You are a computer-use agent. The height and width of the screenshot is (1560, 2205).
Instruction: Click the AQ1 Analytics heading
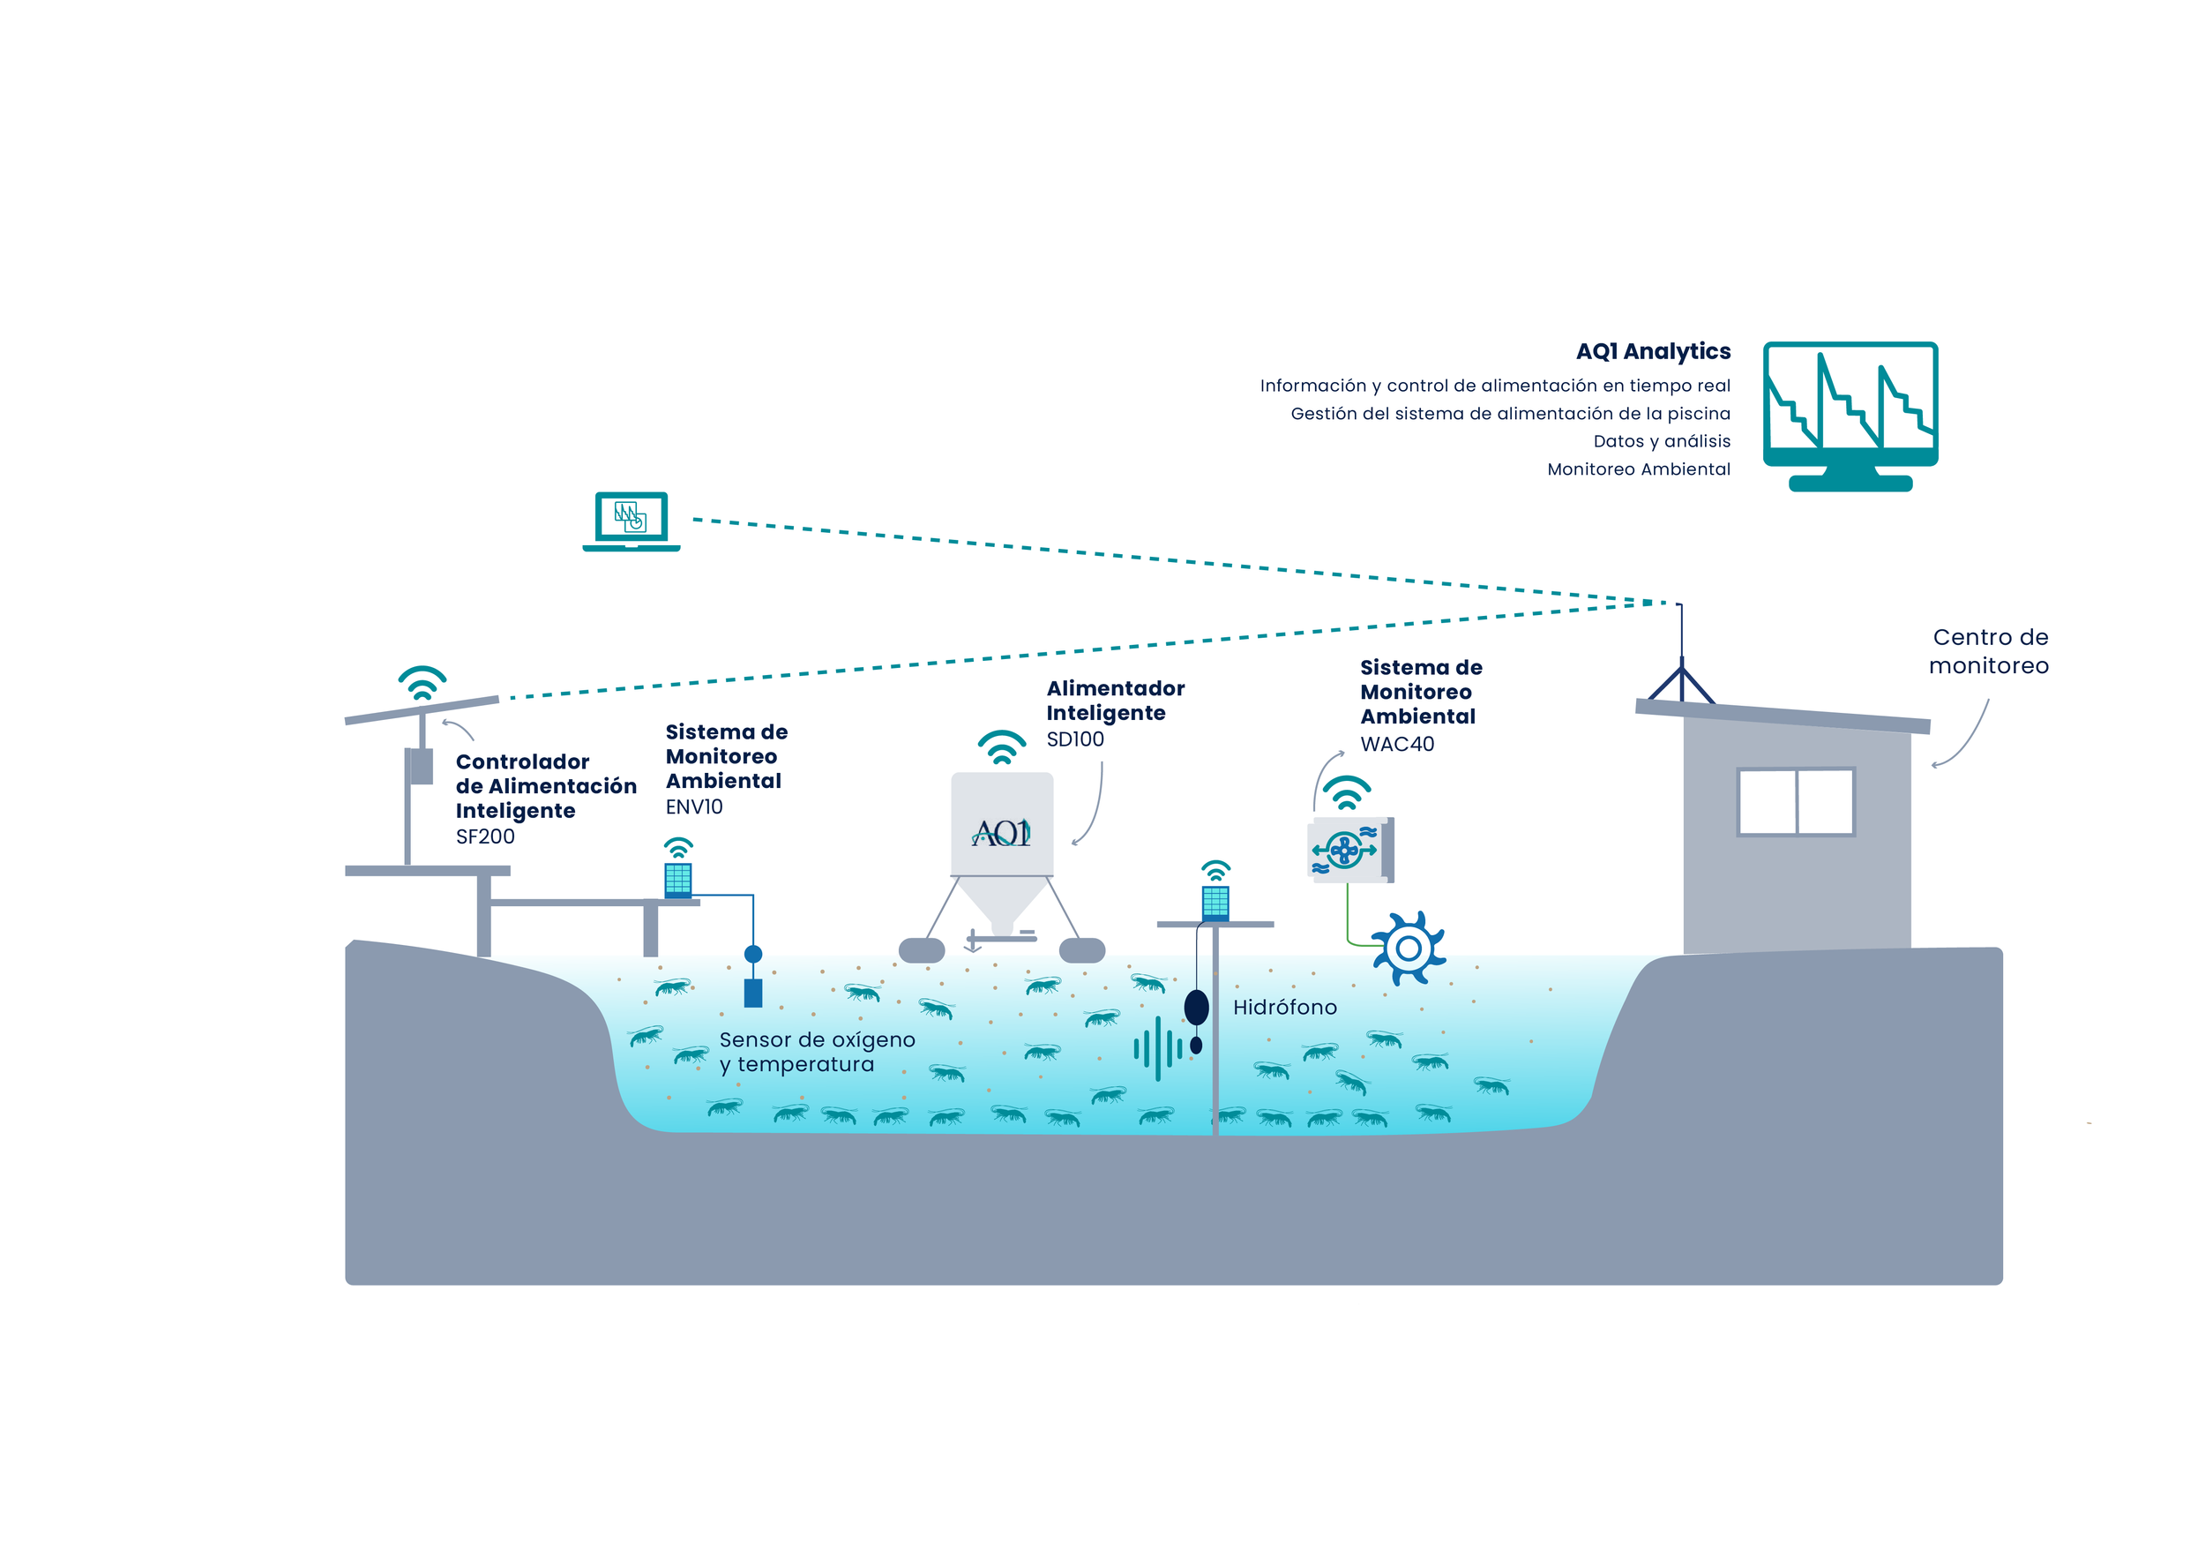(1653, 351)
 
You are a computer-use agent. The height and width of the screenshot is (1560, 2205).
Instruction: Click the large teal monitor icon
(1850, 416)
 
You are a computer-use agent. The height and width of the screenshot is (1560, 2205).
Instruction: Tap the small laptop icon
(631, 521)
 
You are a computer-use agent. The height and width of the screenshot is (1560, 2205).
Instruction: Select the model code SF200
(485, 836)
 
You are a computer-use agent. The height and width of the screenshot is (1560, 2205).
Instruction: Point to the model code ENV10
(694, 806)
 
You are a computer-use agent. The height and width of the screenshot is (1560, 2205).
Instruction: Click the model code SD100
(1074, 739)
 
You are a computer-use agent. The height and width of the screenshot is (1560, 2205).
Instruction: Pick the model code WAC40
(1396, 744)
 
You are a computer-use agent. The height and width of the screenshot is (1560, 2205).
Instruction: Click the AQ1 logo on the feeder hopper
(1001, 832)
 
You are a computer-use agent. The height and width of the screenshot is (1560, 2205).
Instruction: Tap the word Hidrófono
(1285, 1007)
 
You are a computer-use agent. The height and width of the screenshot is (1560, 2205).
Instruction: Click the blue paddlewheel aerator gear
(1409, 949)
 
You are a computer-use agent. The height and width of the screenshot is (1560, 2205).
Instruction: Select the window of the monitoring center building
(1796, 801)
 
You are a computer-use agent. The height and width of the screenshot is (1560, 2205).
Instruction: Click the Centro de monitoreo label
(1989, 651)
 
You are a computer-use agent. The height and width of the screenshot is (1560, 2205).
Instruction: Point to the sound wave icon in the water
(1157, 1049)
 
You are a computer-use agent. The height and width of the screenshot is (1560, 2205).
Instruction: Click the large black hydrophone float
(1197, 1008)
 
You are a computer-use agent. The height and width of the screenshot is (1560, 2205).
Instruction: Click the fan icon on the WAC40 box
(1344, 849)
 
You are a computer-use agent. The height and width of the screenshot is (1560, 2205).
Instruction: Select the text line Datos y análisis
(1662, 442)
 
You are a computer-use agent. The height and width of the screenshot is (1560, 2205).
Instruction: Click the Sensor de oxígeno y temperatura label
(818, 1052)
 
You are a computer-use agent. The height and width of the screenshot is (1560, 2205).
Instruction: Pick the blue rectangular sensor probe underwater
(753, 993)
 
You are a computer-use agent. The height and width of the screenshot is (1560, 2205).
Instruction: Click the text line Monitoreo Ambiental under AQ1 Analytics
(1639, 469)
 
